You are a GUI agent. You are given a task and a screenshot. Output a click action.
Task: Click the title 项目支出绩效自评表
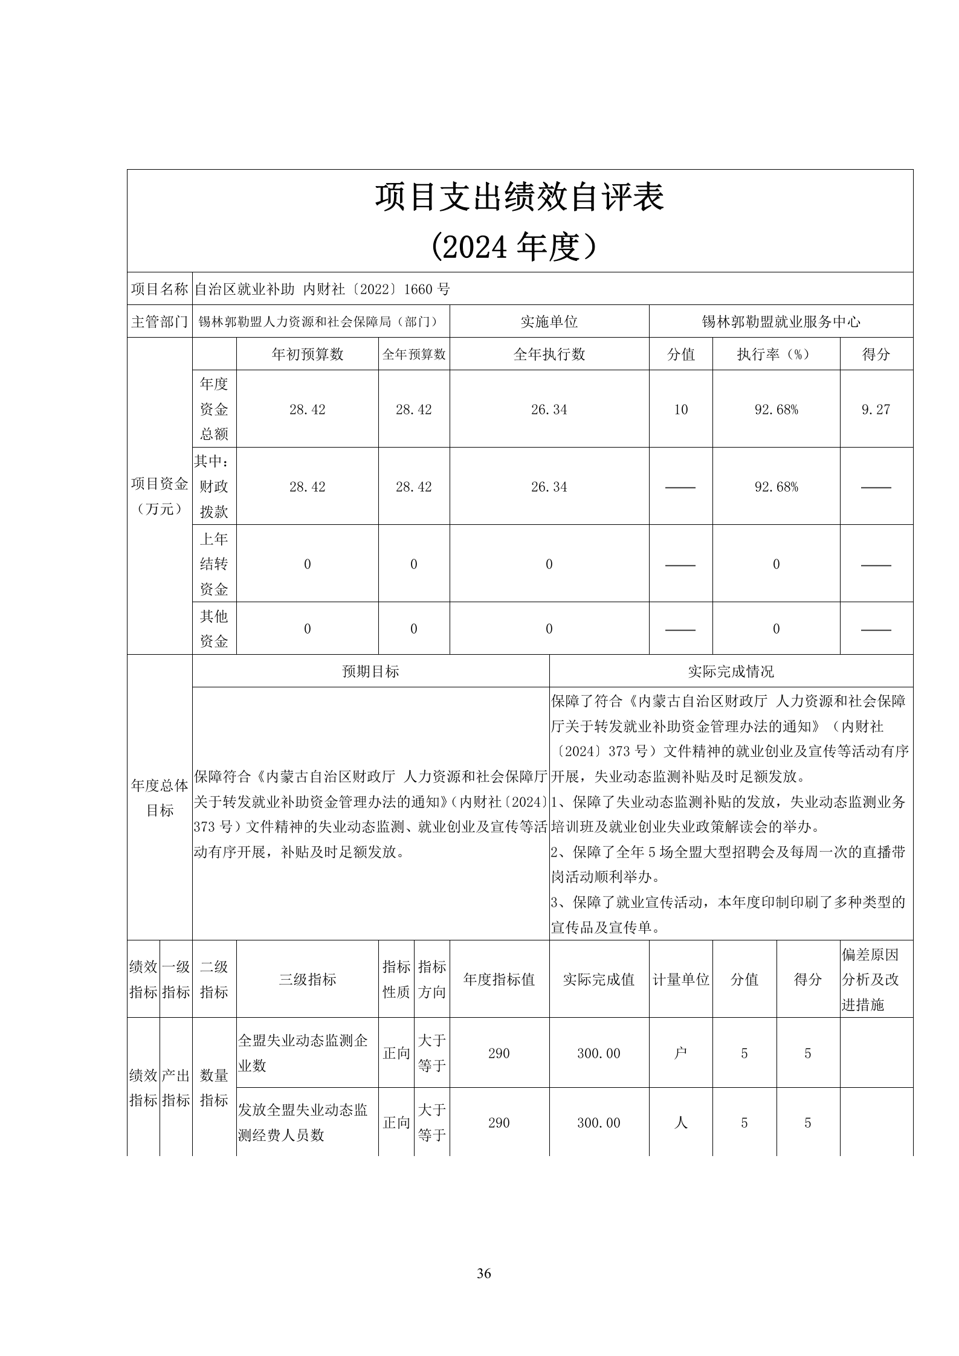[520, 198]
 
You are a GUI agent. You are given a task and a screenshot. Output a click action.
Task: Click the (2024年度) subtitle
[520, 246]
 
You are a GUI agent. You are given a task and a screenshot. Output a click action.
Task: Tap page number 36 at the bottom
[483, 1273]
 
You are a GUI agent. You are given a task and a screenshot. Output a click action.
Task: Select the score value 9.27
[876, 410]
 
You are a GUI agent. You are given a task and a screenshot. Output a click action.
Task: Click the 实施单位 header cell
[549, 322]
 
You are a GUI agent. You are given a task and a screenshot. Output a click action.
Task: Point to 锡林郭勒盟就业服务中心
[781, 322]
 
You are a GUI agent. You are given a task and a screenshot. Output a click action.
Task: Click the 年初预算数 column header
[308, 355]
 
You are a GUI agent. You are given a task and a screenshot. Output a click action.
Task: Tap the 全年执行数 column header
[549, 355]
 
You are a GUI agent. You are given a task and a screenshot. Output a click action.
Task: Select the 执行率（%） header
[776, 355]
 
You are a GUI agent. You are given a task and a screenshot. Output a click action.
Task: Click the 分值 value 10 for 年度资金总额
[680, 410]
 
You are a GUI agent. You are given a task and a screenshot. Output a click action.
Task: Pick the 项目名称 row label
[160, 289]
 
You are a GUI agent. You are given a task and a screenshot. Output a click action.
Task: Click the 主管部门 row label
[160, 322]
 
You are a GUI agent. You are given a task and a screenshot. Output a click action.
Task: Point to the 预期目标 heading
[370, 671]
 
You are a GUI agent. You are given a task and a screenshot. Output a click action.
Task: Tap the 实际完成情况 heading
[731, 671]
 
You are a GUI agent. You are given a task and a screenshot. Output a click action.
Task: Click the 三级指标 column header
[308, 979]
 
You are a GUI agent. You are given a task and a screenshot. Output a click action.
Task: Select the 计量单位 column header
[680, 979]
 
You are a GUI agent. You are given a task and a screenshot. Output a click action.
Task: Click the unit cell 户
[680, 1053]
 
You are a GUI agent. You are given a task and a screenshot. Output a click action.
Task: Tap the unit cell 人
[680, 1123]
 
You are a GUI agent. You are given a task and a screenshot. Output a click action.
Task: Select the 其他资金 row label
[214, 629]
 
